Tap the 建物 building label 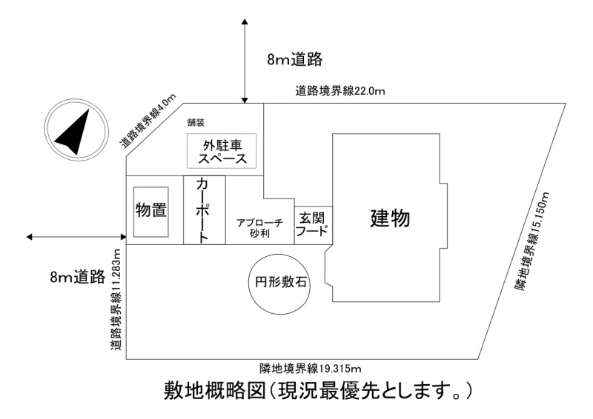tap(390, 218)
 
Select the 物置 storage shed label tap(151, 210)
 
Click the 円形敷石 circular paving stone tap(280, 284)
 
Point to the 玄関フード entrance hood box tap(313, 225)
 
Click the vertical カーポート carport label tap(203, 210)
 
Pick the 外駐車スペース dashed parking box tap(222, 151)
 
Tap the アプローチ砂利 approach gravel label tap(259, 228)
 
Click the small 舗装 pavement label tap(196, 123)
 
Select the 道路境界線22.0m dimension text tap(340, 91)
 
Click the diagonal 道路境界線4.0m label tap(148, 121)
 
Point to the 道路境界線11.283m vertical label tap(117, 298)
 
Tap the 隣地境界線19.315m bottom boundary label tap(310, 368)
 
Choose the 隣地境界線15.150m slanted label tap(531, 242)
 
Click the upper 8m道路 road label tap(294, 59)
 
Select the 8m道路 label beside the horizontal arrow tap(78, 277)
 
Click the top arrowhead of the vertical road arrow tap(245, 21)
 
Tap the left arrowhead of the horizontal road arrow tap(30, 237)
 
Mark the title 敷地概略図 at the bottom tap(214, 391)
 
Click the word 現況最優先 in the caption tap(328, 391)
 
